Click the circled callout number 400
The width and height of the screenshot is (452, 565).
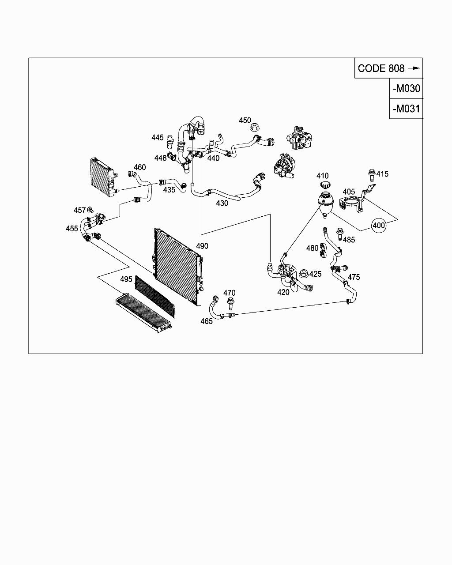[379, 225]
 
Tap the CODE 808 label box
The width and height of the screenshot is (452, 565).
[388, 68]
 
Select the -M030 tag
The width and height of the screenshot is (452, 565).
[406, 88]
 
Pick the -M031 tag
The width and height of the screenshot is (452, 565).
[406, 109]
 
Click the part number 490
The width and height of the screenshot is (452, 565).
[202, 246]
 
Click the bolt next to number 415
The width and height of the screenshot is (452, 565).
[371, 175]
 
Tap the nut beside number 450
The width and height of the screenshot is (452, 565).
[254, 128]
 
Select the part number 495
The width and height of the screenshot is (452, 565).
[126, 279]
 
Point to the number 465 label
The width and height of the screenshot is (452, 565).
[207, 321]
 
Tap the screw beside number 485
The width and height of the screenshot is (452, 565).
[340, 233]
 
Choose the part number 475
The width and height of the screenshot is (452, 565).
[354, 277]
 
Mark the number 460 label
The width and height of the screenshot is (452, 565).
[139, 167]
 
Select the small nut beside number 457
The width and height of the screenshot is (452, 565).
[90, 209]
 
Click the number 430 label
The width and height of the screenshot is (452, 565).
[222, 203]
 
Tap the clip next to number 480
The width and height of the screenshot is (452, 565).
[323, 250]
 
